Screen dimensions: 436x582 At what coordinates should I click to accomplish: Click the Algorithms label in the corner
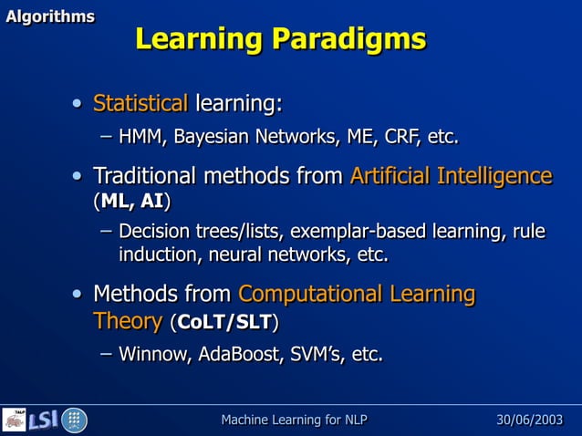50,16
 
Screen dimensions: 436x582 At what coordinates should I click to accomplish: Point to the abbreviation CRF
397,138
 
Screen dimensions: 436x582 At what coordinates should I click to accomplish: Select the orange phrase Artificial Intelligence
451,175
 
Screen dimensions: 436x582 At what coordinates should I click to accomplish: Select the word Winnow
151,354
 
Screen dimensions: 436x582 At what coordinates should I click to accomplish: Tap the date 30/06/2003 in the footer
529,420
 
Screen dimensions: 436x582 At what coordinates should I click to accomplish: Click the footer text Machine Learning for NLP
295,420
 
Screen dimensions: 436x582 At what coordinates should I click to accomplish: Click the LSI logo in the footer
43,420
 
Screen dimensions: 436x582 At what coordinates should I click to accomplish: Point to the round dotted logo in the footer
74,420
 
